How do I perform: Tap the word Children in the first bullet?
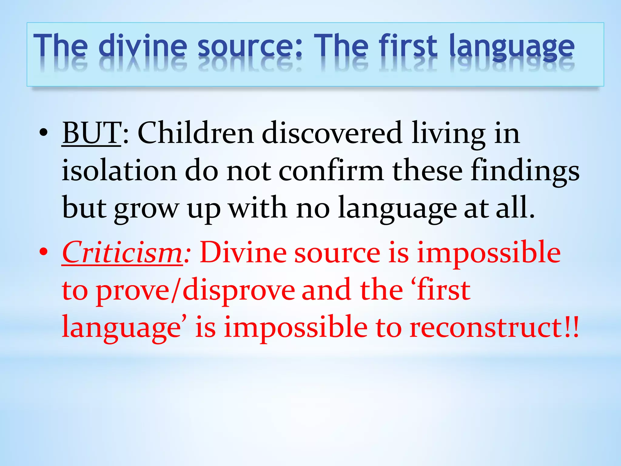(x=196, y=133)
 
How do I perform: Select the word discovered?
(x=332, y=133)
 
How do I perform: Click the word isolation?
(x=119, y=171)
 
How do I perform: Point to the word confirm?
(x=331, y=171)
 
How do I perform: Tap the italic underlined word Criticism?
(x=122, y=253)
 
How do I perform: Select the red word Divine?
(x=243, y=253)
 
